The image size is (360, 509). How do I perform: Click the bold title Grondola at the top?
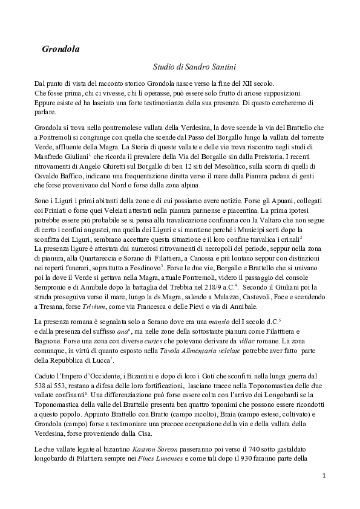click(x=61, y=48)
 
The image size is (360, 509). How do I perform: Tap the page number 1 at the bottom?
click(x=324, y=476)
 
